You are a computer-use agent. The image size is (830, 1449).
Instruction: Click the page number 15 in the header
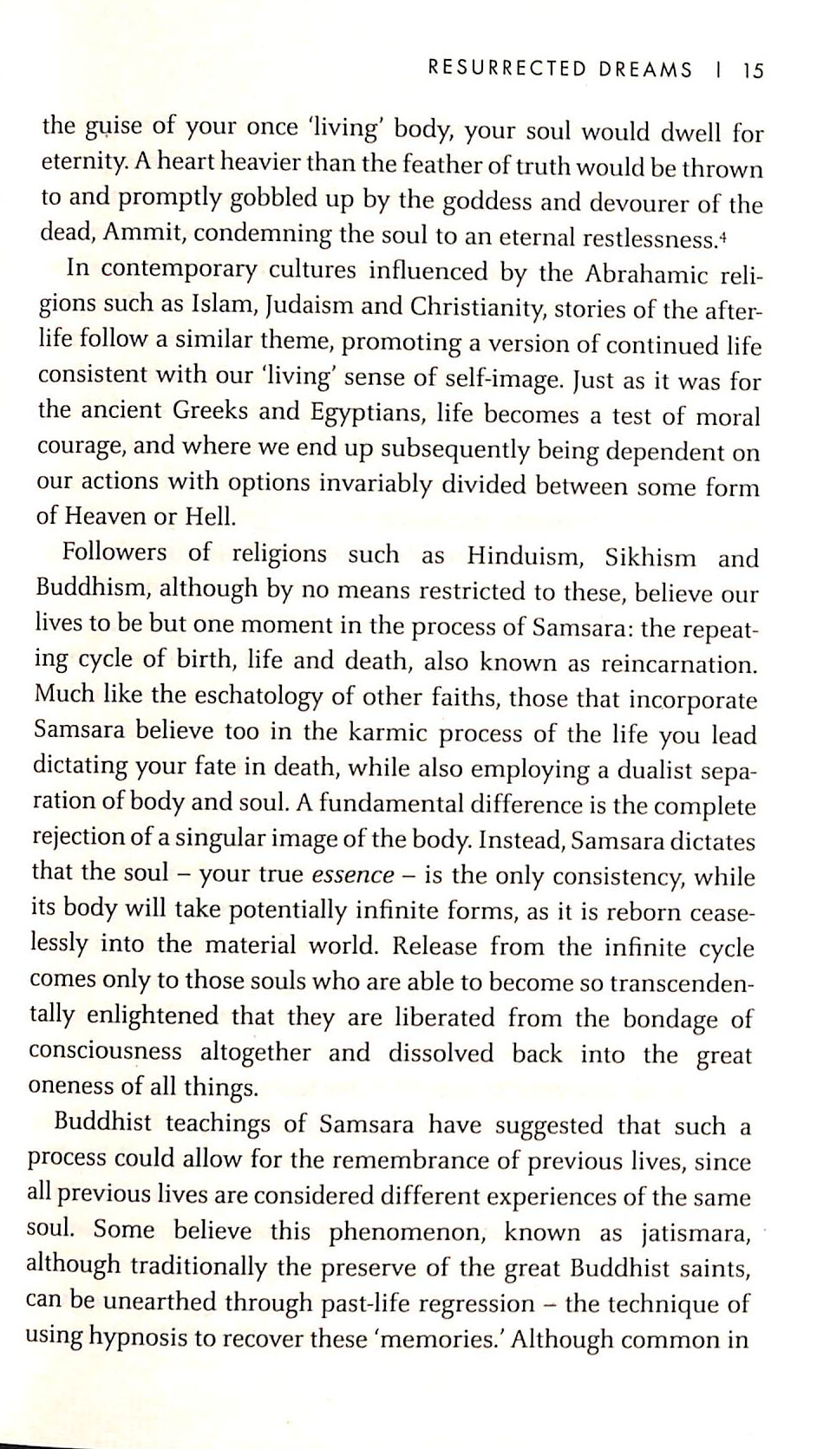coord(752,71)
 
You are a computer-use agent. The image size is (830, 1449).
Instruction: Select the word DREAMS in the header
coord(645,70)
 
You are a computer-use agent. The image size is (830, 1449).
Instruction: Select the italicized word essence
coord(352,874)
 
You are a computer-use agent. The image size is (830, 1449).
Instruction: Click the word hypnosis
coord(137,1336)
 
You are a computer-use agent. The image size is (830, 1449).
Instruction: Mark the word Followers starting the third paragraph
coord(114,552)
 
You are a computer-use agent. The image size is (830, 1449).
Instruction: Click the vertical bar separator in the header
coord(719,70)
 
